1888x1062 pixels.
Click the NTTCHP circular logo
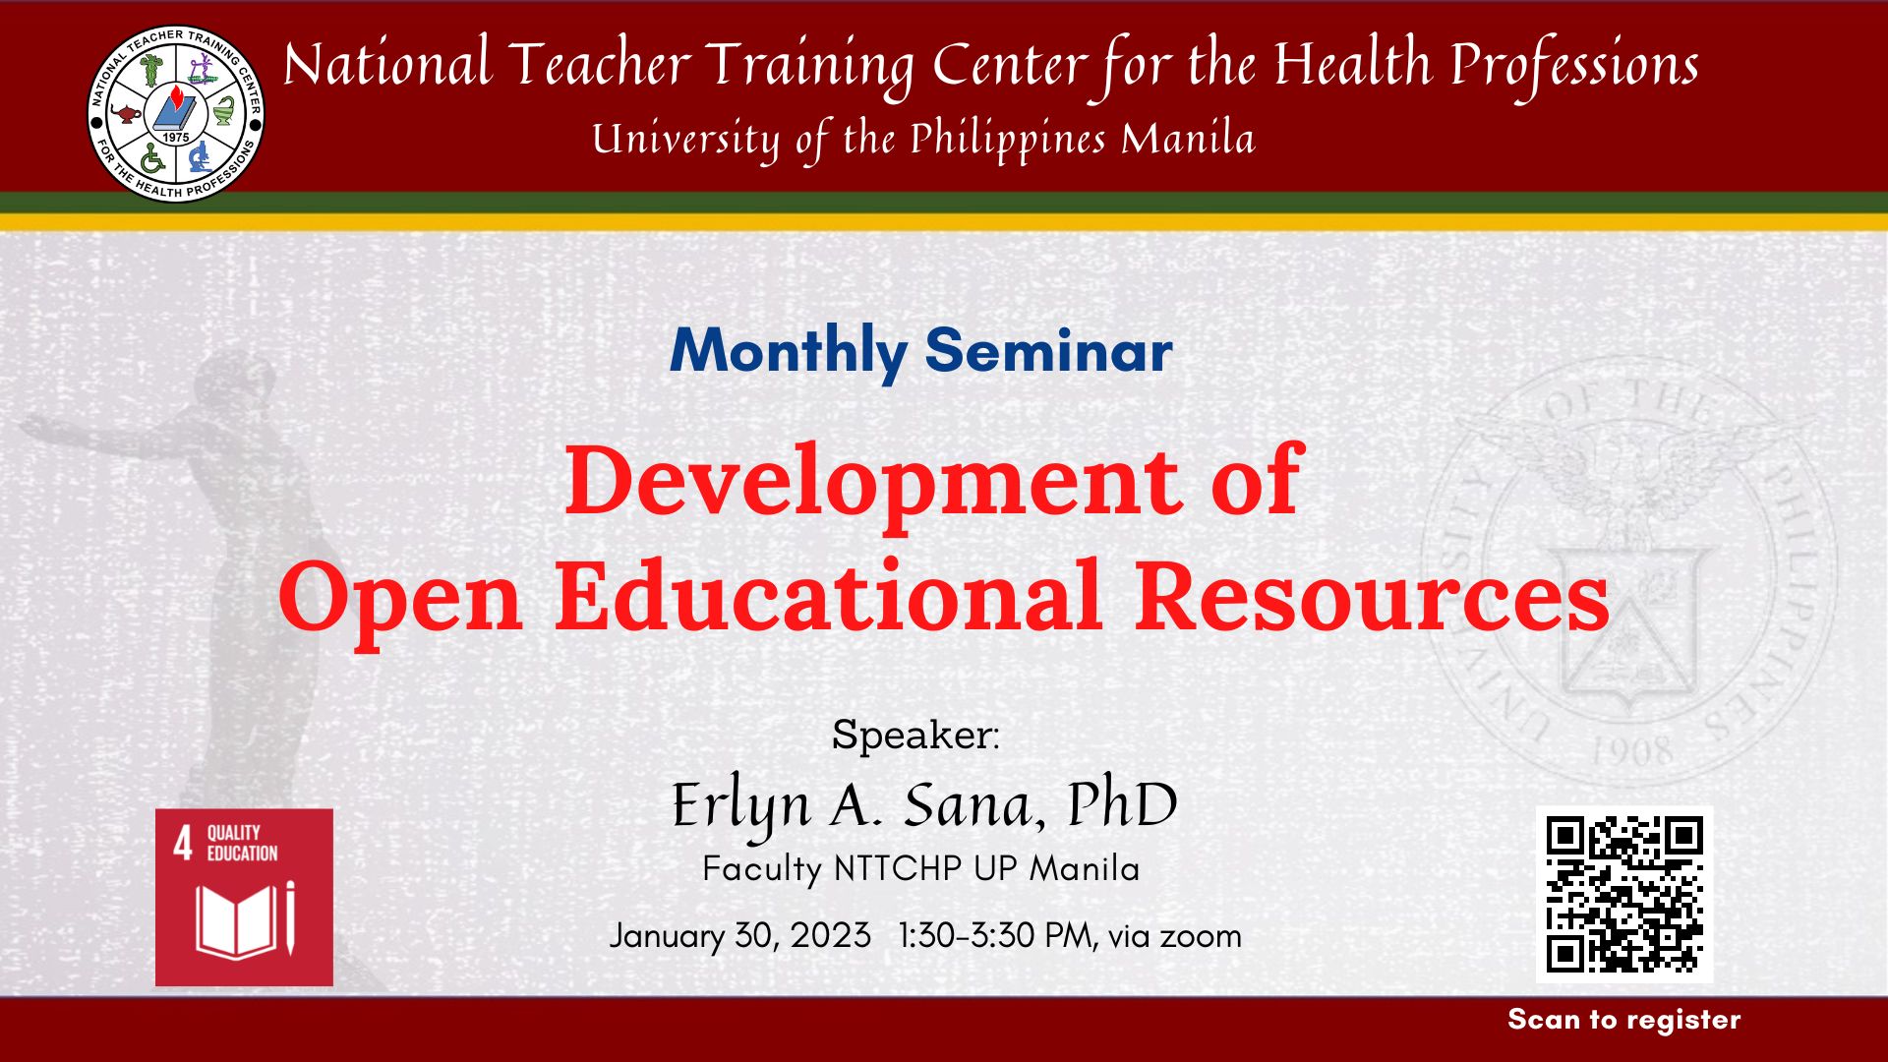175,113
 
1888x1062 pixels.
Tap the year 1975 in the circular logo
176,138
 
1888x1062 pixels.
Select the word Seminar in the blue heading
1049,350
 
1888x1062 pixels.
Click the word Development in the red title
871,481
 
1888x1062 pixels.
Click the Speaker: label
915,735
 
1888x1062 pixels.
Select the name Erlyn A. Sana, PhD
924,806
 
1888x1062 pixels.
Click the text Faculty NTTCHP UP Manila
921,869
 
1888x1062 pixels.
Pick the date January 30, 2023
739,935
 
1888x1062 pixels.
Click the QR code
1624,895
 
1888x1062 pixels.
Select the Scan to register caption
1624,1020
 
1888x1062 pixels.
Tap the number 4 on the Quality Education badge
183,844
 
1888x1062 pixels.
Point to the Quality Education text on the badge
242,844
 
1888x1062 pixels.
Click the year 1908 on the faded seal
1631,753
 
